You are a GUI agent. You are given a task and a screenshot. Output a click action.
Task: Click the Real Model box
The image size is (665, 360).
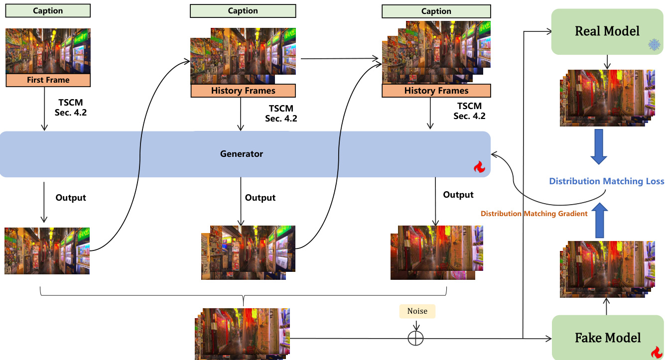(x=607, y=31)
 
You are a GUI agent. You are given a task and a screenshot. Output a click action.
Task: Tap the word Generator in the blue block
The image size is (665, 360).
(x=242, y=154)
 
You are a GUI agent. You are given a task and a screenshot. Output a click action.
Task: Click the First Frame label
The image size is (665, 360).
(x=48, y=80)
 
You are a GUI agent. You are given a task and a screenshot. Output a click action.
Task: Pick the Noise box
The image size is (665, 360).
(x=417, y=311)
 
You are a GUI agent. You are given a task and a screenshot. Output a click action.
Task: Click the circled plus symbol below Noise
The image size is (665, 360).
(x=415, y=338)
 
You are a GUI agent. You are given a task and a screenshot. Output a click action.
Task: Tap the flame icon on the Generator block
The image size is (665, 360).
(x=479, y=167)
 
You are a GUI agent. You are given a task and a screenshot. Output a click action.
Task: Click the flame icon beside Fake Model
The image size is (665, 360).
(x=657, y=352)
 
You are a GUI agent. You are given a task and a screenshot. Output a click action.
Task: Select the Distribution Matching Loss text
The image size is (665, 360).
(x=606, y=181)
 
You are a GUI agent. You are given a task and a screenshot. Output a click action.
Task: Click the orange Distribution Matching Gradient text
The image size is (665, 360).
(x=534, y=214)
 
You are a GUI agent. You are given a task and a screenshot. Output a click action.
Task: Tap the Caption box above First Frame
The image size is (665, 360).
(x=48, y=10)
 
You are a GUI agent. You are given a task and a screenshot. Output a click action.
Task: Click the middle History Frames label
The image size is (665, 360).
(x=243, y=91)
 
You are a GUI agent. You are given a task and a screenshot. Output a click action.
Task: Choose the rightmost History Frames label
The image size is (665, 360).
(x=436, y=91)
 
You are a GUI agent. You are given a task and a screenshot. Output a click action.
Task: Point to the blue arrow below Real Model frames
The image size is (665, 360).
(x=598, y=147)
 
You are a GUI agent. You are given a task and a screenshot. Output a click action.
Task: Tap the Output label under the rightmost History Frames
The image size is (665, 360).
(x=458, y=194)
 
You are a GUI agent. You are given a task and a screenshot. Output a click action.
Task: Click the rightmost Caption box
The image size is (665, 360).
(x=436, y=11)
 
